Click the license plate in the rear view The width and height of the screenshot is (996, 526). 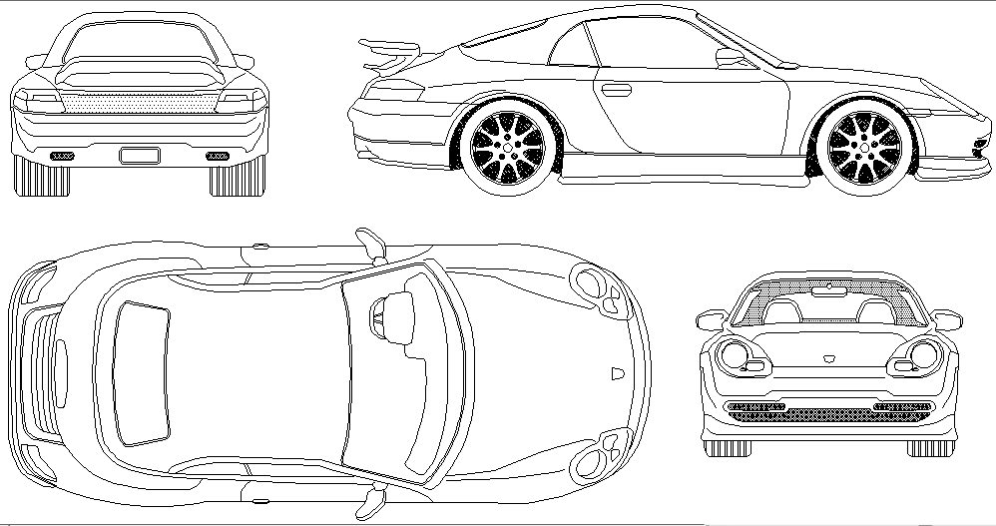click(139, 155)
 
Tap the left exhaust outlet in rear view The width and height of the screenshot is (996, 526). click(62, 156)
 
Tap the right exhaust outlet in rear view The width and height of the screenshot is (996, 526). click(216, 156)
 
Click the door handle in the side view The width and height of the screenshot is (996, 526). click(616, 90)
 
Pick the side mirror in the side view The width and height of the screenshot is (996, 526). click(731, 58)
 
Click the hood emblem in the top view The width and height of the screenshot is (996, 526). click(615, 374)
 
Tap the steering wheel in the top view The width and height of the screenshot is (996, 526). click(379, 317)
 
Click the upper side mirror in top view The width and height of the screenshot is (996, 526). click(370, 243)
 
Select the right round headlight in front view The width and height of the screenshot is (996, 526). click(923, 354)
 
